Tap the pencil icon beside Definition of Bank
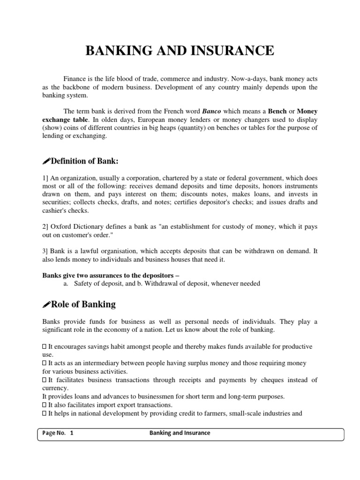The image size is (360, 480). (46, 162)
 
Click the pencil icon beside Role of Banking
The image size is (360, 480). (46, 305)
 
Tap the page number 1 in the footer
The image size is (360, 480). (72, 433)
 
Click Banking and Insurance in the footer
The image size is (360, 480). (180, 433)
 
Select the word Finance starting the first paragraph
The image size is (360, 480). (75, 79)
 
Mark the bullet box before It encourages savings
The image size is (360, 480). (44, 346)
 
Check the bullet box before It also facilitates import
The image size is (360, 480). (44, 405)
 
